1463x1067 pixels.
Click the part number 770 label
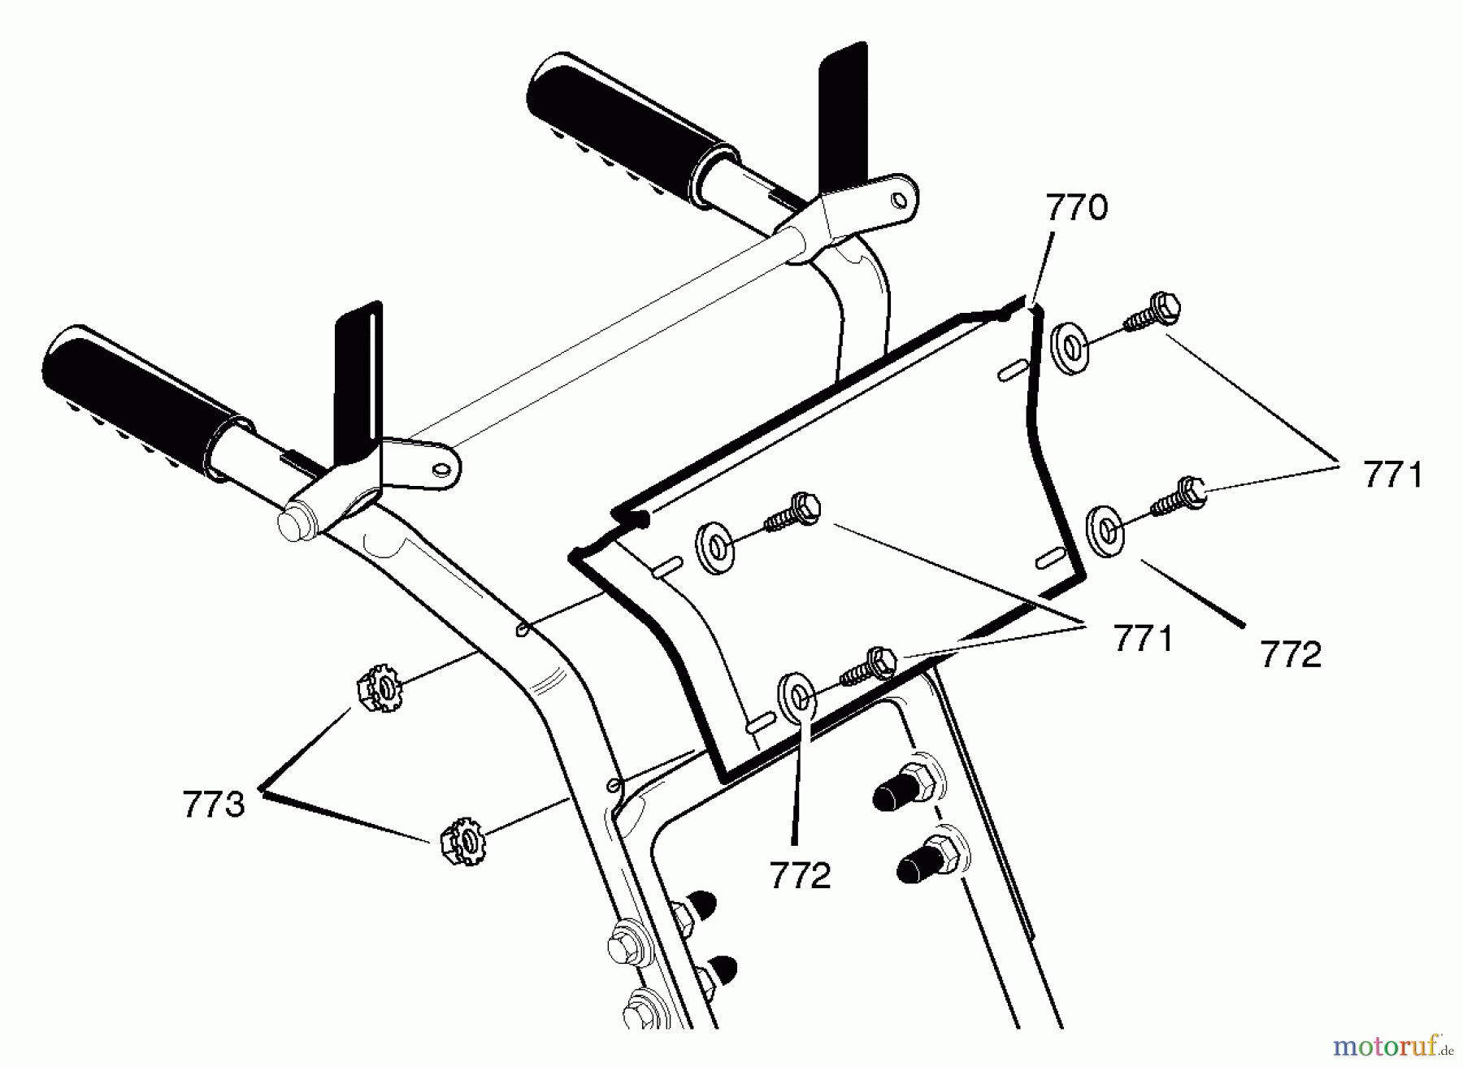pyautogui.click(x=1075, y=208)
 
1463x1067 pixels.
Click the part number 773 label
pyautogui.click(x=213, y=805)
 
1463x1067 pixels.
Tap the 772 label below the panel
pyautogui.click(x=800, y=875)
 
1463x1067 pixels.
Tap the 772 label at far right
pyautogui.click(x=1291, y=654)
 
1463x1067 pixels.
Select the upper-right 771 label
pyautogui.click(x=1393, y=475)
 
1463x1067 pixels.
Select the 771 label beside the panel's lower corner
pyautogui.click(x=1143, y=640)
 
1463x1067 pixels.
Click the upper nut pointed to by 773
pyautogui.click(x=380, y=689)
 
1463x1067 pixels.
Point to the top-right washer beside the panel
pyautogui.click(x=1070, y=349)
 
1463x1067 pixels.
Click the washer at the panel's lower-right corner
pyautogui.click(x=1107, y=531)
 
